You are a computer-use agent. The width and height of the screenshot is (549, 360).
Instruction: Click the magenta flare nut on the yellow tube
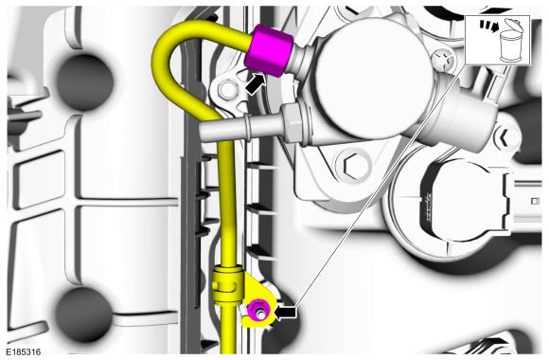click(x=269, y=50)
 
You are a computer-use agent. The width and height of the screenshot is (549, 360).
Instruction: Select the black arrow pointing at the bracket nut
click(x=285, y=312)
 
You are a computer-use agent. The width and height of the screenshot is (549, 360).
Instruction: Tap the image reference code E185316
click(x=23, y=351)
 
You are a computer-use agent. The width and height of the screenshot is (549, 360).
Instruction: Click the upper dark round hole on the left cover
click(x=84, y=82)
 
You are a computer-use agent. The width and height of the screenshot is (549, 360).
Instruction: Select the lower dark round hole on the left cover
click(x=84, y=315)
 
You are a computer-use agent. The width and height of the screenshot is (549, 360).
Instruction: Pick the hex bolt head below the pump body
click(x=353, y=166)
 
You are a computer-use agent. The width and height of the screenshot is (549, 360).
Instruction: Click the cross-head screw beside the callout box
click(x=443, y=61)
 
